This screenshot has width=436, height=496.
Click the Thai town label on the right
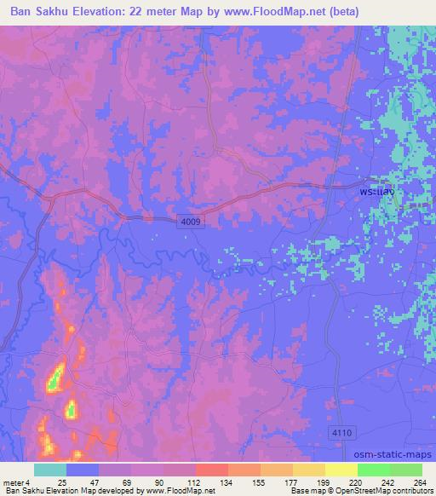click(376, 193)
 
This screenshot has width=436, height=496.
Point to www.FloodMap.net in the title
click(281, 11)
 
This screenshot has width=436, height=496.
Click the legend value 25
click(61, 482)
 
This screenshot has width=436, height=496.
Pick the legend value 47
click(95, 482)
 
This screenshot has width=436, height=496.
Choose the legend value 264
click(419, 482)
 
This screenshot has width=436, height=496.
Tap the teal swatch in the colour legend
click(50, 470)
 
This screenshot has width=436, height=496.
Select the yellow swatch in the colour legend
click(341, 470)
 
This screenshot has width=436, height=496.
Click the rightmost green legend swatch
click(405, 470)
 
